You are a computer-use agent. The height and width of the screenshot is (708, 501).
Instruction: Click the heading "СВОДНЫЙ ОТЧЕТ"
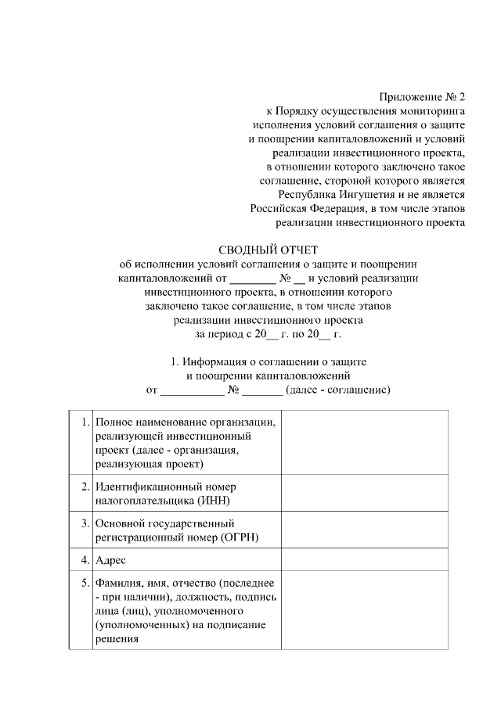269,250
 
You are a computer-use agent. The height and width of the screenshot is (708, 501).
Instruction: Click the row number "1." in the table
85,422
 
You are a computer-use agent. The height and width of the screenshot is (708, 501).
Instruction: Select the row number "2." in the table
85,486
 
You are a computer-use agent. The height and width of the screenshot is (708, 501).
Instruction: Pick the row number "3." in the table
85,523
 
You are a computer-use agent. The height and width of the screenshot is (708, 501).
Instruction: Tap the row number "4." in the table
85,560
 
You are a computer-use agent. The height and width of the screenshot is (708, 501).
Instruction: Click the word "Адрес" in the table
110,560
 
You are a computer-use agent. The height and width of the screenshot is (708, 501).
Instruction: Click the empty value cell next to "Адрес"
364,560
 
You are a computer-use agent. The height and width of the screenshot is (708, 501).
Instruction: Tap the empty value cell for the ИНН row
364,493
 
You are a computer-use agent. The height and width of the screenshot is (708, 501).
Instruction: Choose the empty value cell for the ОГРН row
364,530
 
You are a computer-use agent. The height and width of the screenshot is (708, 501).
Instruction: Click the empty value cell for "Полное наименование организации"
364,443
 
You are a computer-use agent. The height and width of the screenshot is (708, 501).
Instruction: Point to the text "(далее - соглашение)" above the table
338,389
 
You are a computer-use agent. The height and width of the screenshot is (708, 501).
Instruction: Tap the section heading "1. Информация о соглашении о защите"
269,362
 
